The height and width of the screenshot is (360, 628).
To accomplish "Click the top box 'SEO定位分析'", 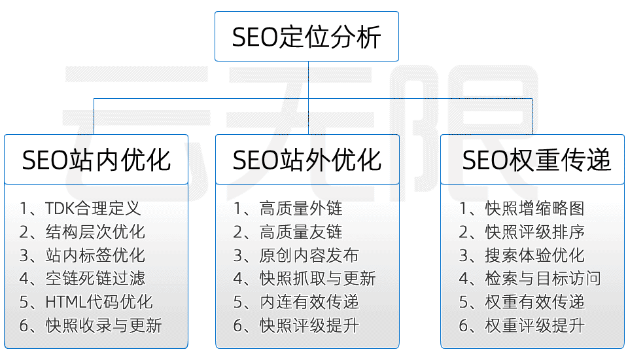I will [x=306, y=37].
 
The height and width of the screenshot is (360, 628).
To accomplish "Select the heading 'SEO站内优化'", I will [x=96, y=160].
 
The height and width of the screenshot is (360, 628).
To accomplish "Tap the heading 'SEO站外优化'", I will [x=307, y=160].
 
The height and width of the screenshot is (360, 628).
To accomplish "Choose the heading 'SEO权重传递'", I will [x=536, y=160].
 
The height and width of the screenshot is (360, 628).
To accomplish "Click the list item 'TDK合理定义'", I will [x=93, y=209].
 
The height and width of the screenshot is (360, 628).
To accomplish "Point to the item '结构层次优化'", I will [x=95, y=232].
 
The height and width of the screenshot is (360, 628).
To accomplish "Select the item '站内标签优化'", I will [x=95, y=255].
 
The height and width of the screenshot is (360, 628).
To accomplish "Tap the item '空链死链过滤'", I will [x=95, y=279].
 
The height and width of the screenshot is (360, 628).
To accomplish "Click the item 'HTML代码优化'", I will [x=99, y=302].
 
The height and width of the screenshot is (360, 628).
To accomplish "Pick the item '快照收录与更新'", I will [x=103, y=325].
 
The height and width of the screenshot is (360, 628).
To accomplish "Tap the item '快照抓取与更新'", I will [x=317, y=279].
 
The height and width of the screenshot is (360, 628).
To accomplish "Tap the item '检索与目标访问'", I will [x=542, y=279].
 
